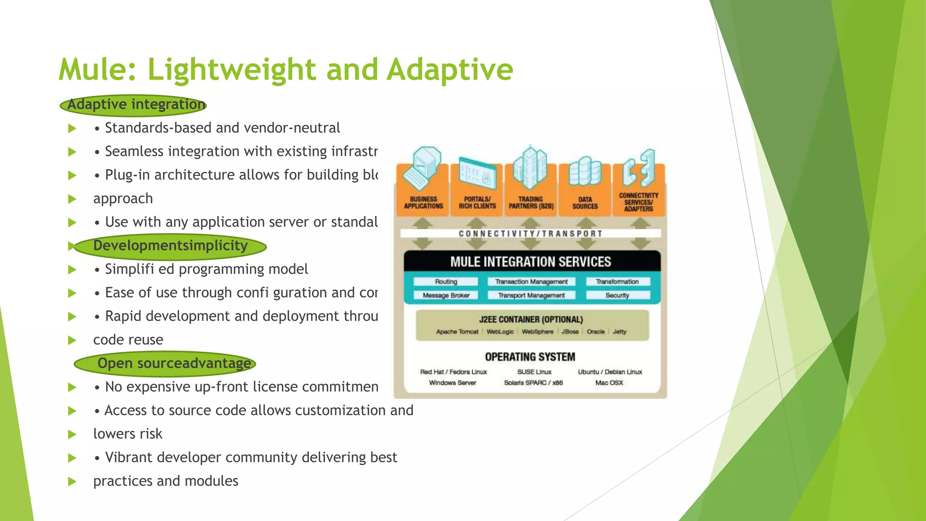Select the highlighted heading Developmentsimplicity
pyautogui.click(x=170, y=246)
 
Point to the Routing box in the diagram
pyautogui.click(x=446, y=281)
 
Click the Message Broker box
pyautogui.click(x=446, y=295)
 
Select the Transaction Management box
pyautogui.click(x=531, y=281)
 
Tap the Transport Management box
pyautogui.click(x=531, y=295)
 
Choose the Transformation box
pyautogui.click(x=617, y=281)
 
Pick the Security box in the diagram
pyautogui.click(x=617, y=295)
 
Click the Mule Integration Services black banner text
pyautogui.click(x=530, y=262)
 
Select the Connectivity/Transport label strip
pyautogui.click(x=530, y=233)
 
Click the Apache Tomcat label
pyautogui.click(x=457, y=332)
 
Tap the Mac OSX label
pyautogui.click(x=609, y=383)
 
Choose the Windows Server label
pyautogui.click(x=452, y=383)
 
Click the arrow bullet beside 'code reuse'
pyautogui.click(x=72, y=340)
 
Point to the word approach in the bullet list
pyautogui.click(x=123, y=199)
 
